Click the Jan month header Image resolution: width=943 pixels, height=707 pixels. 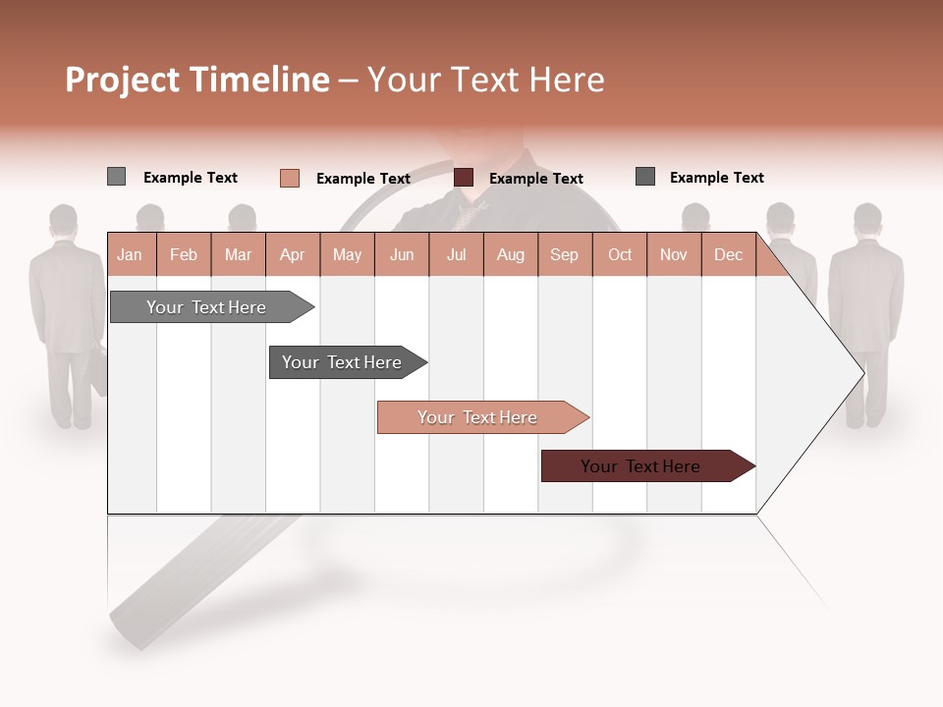131,255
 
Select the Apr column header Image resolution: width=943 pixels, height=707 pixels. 293,255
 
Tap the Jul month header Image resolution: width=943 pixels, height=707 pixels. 456,255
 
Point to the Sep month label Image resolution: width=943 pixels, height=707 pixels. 564,255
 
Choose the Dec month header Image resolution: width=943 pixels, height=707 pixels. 728,255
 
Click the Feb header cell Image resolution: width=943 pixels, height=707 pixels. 184,255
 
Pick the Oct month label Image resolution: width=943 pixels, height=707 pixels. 620,255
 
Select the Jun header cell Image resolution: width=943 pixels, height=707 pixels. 402,255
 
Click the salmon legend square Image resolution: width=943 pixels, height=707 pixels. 290,178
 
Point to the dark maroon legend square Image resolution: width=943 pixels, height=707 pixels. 464,178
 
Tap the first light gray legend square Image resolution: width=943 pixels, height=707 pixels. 116,177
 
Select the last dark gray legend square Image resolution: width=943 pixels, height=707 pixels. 645,177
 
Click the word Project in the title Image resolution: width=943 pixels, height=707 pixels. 123,80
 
